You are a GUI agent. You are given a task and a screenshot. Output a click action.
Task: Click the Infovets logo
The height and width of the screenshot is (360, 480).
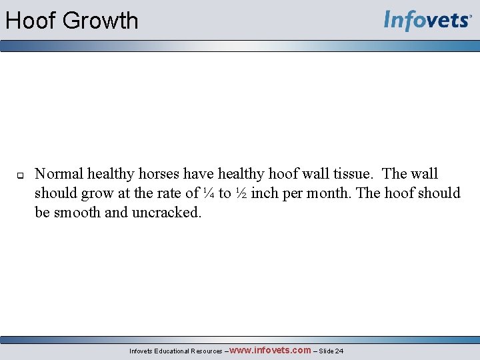coord(427,21)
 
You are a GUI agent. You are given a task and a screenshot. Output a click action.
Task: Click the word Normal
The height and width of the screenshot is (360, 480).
coord(59,174)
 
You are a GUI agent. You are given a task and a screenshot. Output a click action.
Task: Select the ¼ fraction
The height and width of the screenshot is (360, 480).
coord(208,193)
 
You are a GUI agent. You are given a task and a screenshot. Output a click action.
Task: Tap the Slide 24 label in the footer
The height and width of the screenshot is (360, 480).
coord(333,351)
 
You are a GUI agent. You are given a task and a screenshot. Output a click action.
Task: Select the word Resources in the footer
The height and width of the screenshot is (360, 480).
coord(207,351)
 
